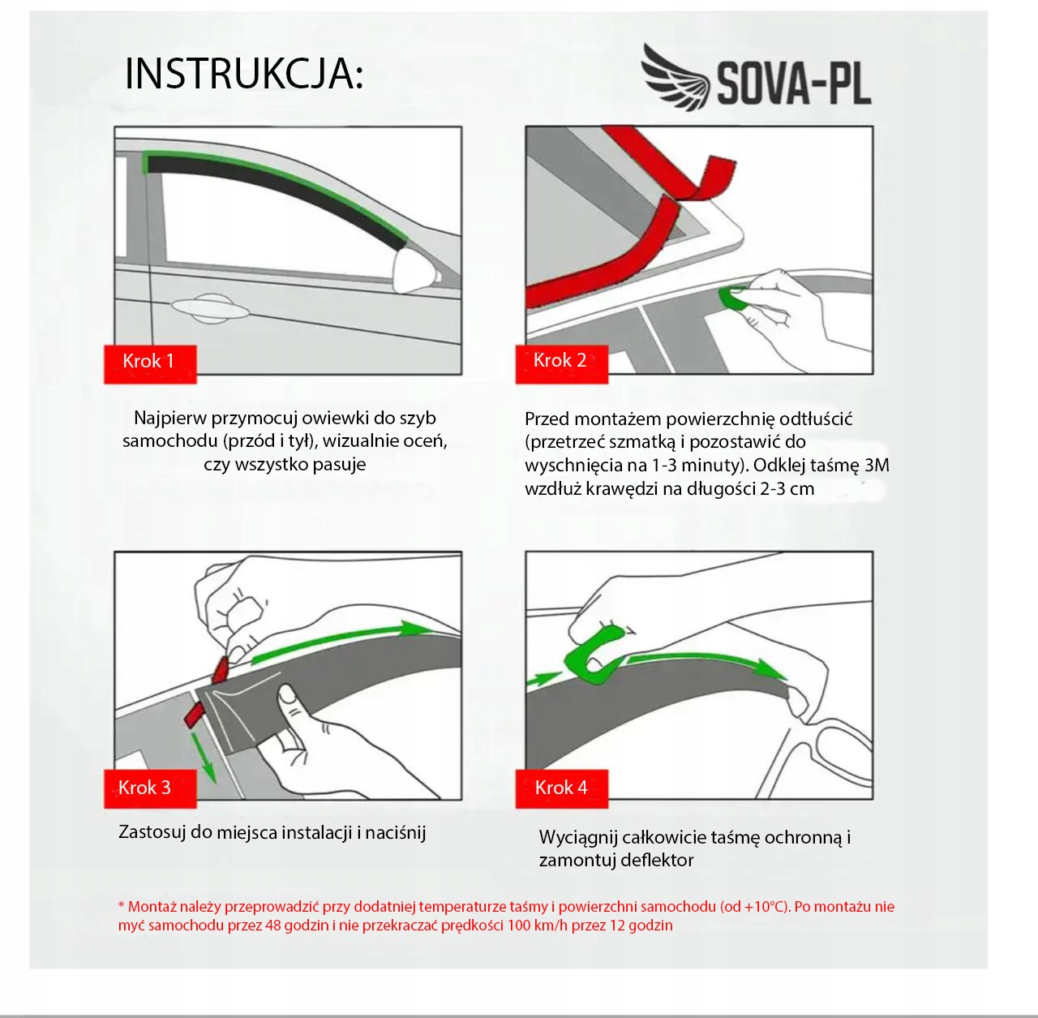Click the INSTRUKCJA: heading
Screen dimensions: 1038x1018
244,74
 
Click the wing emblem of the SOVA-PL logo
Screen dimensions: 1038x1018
676,76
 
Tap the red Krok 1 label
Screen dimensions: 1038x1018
150,363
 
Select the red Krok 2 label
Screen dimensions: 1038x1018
561,363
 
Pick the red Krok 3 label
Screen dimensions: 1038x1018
150,788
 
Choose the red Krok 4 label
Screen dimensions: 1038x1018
561,788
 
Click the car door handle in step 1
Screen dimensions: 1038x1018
211,308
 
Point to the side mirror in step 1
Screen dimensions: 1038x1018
414,273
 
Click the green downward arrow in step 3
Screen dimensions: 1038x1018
204,757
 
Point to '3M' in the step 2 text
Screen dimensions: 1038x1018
877,465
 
